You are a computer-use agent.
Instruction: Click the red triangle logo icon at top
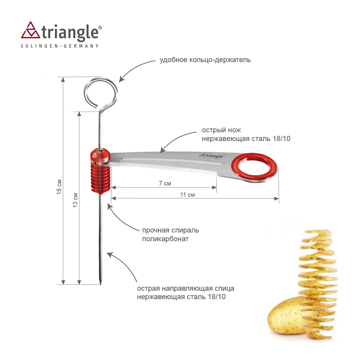point(30,30)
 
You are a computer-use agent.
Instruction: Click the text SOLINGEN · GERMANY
point(59,46)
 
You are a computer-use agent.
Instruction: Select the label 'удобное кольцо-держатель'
point(205,60)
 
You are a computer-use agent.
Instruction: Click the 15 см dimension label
point(59,187)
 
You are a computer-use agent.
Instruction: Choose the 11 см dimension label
point(187,195)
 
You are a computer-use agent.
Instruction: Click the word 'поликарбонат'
point(165,239)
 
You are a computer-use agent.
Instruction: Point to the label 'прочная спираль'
point(170,230)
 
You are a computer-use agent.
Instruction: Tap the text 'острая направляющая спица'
point(186,288)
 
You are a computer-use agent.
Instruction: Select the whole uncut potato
point(285,315)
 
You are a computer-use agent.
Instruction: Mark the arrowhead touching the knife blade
point(162,150)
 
